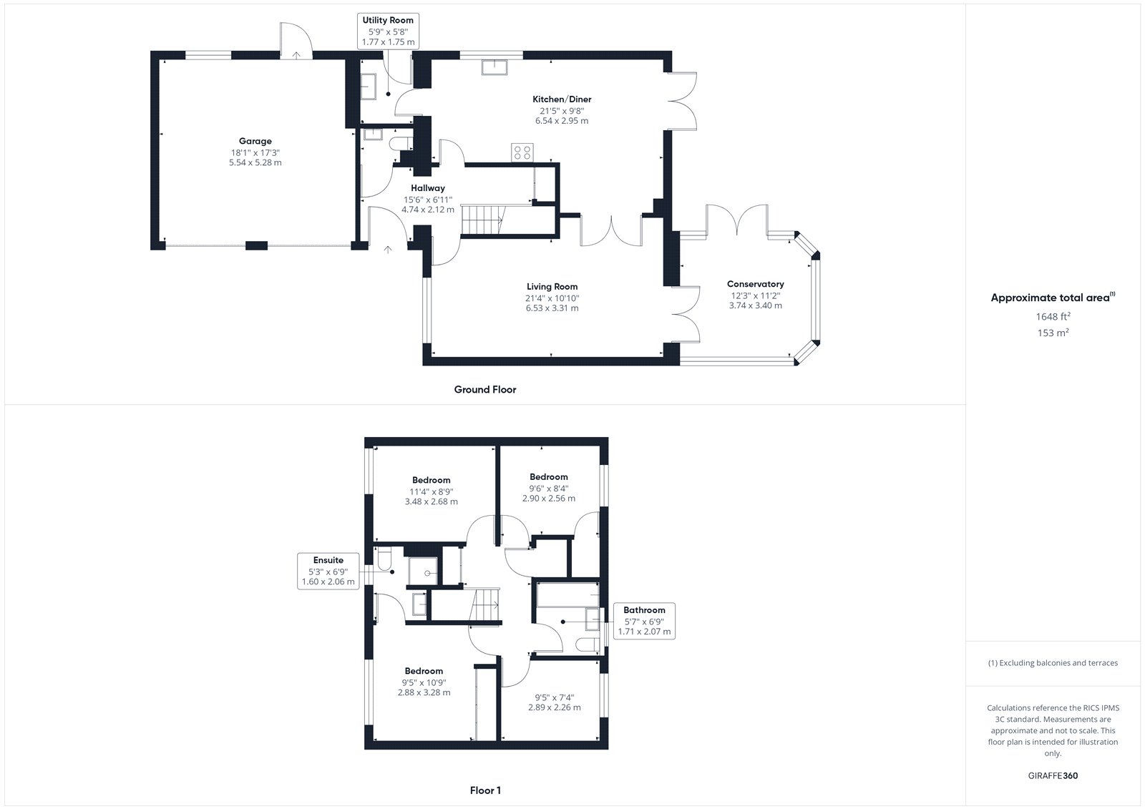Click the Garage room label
click(x=255, y=141)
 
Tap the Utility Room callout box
click(x=388, y=31)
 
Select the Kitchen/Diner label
click(x=562, y=99)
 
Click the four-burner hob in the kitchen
click(x=522, y=152)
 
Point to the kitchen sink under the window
click(x=494, y=67)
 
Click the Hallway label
click(x=428, y=188)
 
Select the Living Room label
click(x=552, y=287)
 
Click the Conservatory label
click(x=756, y=284)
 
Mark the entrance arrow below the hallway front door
click(x=388, y=250)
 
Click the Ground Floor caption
click(x=485, y=389)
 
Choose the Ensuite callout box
click(x=328, y=571)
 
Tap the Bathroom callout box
click(x=644, y=621)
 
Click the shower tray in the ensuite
click(x=423, y=571)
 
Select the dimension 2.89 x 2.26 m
click(x=555, y=707)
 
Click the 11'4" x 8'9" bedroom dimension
click(x=432, y=491)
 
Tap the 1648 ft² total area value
click(x=1053, y=316)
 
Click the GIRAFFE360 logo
click(x=1053, y=775)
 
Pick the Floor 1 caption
click(x=485, y=790)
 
